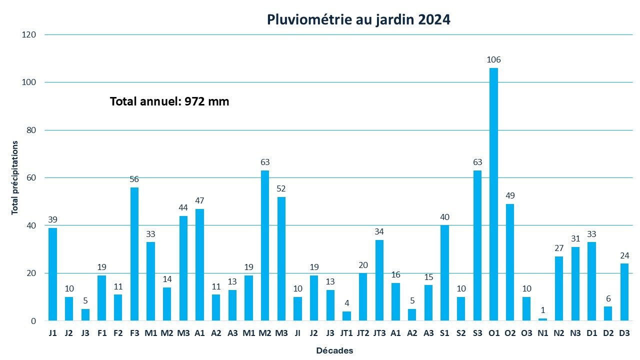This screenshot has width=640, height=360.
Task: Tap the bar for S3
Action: coord(477,245)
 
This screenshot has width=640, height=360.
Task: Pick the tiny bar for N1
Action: coord(542,319)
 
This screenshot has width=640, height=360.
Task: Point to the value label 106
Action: coord(493,60)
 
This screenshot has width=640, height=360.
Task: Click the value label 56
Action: coord(134,179)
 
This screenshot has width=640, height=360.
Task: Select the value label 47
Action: coord(199,200)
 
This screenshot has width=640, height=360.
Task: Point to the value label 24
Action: coord(624,255)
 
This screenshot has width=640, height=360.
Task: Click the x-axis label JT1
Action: coord(346,333)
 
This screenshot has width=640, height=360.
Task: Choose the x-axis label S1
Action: coord(444,333)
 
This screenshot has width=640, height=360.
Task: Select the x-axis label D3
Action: coord(624,333)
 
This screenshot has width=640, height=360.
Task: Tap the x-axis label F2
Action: coord(118,333)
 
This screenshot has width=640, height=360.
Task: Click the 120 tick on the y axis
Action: coord(29,34)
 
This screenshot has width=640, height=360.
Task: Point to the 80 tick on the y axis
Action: coord(31,130)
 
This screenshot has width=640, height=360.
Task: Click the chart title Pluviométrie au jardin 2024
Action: coord(358,19)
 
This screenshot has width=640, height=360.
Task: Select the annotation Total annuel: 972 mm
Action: coord(169,101)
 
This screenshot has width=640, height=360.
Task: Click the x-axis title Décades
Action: coord(334,351)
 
